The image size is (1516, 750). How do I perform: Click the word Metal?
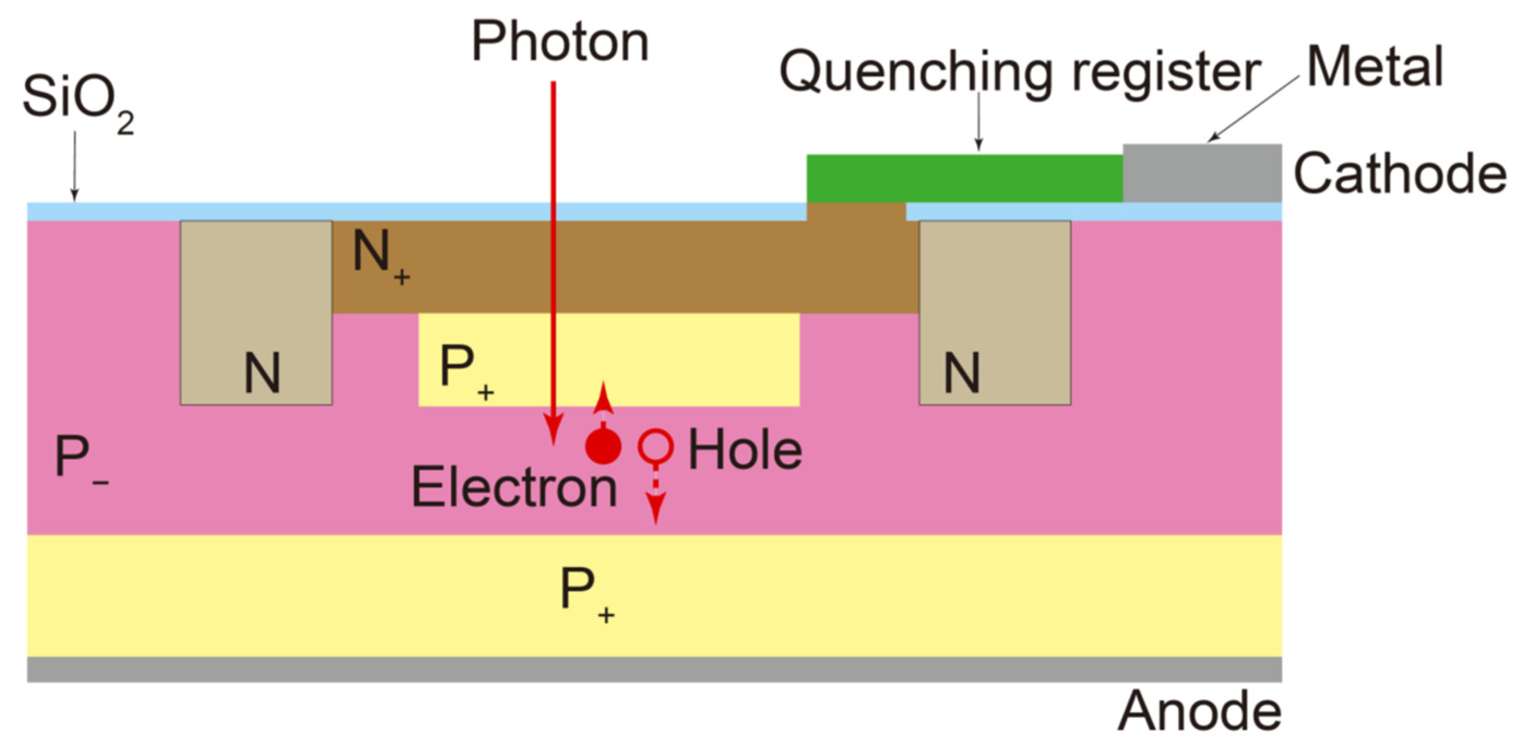tap(1375, 67)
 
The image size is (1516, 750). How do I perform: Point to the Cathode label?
tap(1400, 174)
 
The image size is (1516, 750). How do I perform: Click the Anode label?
tap(1199, 712)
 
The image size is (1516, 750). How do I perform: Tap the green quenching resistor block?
tap(964, 179)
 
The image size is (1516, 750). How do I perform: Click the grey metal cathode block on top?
tap(1202, 173)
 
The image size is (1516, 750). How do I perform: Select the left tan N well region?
tap(256, 312)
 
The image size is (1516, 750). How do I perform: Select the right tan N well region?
tap(995, 312)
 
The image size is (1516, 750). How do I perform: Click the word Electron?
tap(514, 487)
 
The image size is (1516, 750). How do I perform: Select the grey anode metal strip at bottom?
tap(654, 669)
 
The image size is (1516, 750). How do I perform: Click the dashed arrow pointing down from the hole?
tap(656, 498)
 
